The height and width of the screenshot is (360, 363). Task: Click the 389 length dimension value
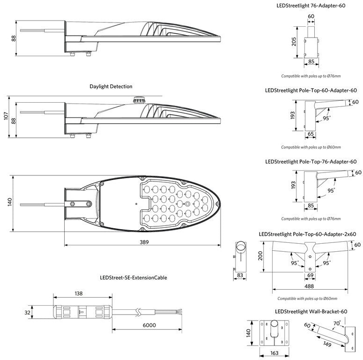(144, 242)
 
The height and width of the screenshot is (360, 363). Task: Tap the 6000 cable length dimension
(149, 325)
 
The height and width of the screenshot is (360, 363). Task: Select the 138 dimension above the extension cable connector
(79, 293)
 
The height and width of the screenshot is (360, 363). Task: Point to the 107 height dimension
(6, 116)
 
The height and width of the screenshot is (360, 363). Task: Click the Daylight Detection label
(111, 86)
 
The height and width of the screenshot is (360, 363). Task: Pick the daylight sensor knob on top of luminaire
(139, 100)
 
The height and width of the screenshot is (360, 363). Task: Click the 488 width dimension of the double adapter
(309, 286)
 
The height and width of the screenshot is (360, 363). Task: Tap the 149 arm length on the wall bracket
(327, 344)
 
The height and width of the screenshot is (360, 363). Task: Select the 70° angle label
(337, 323)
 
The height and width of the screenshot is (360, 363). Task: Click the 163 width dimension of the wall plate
(274, 353)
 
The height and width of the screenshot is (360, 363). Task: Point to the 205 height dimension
(294, 42)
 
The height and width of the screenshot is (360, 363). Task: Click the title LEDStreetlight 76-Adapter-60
(311, 6)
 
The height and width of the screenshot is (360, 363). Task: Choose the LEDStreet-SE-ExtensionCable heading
(133, 277)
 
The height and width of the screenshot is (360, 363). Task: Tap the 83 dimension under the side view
(240, 275)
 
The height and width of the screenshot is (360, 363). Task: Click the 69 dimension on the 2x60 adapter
(310, 275)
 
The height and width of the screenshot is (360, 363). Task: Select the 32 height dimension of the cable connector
(27, 313)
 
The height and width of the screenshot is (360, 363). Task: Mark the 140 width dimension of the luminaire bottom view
(10, 202)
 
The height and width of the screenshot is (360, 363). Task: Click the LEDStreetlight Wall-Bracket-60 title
(311, 312)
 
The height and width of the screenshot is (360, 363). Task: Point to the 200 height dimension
(260, 256)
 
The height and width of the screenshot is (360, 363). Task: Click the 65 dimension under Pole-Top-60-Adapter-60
(311, 134)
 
